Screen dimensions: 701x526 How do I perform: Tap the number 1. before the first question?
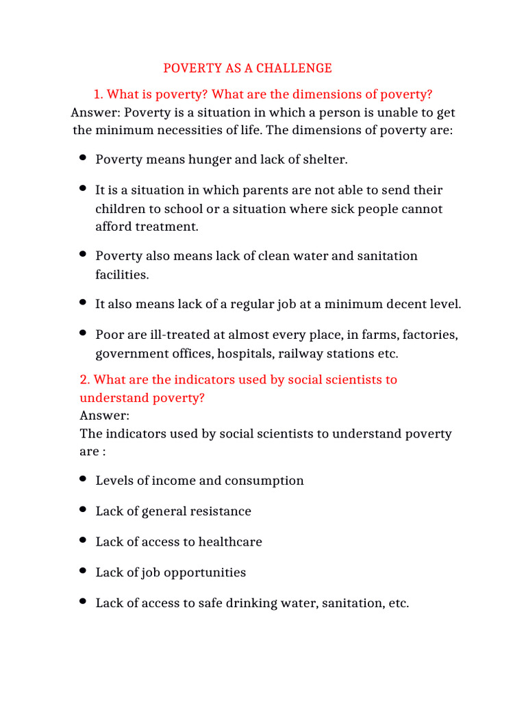click(97, 94)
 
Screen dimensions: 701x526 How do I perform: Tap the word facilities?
click(122, 275)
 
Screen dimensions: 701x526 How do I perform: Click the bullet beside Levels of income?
click(83, 479)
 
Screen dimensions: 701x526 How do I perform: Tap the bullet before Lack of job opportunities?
click(83, 571)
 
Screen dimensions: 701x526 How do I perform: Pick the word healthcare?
click(230, 542)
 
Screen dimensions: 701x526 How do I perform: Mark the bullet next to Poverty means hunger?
click(83, 158)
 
